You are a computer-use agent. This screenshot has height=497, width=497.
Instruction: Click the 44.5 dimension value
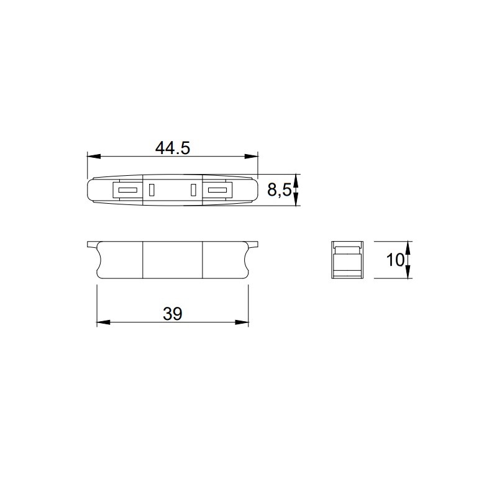[173, 148]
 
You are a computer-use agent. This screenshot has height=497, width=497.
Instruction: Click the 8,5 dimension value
[279, 190]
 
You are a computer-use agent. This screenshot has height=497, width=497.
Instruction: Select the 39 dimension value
[173, 314]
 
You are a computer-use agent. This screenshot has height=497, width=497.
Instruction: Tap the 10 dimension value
[395, 260]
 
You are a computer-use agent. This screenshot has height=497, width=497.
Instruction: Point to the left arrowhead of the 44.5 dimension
[94, 157]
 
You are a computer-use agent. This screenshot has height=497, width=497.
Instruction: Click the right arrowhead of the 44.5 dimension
[252, 157]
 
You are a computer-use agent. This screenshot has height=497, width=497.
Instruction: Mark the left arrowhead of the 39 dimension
[103, 322]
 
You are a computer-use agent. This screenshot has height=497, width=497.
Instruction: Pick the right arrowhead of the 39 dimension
[242, 322]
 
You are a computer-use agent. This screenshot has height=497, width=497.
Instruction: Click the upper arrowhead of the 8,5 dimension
[296, 180]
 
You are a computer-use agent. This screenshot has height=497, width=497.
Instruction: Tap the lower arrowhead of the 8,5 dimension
[296, 199]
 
